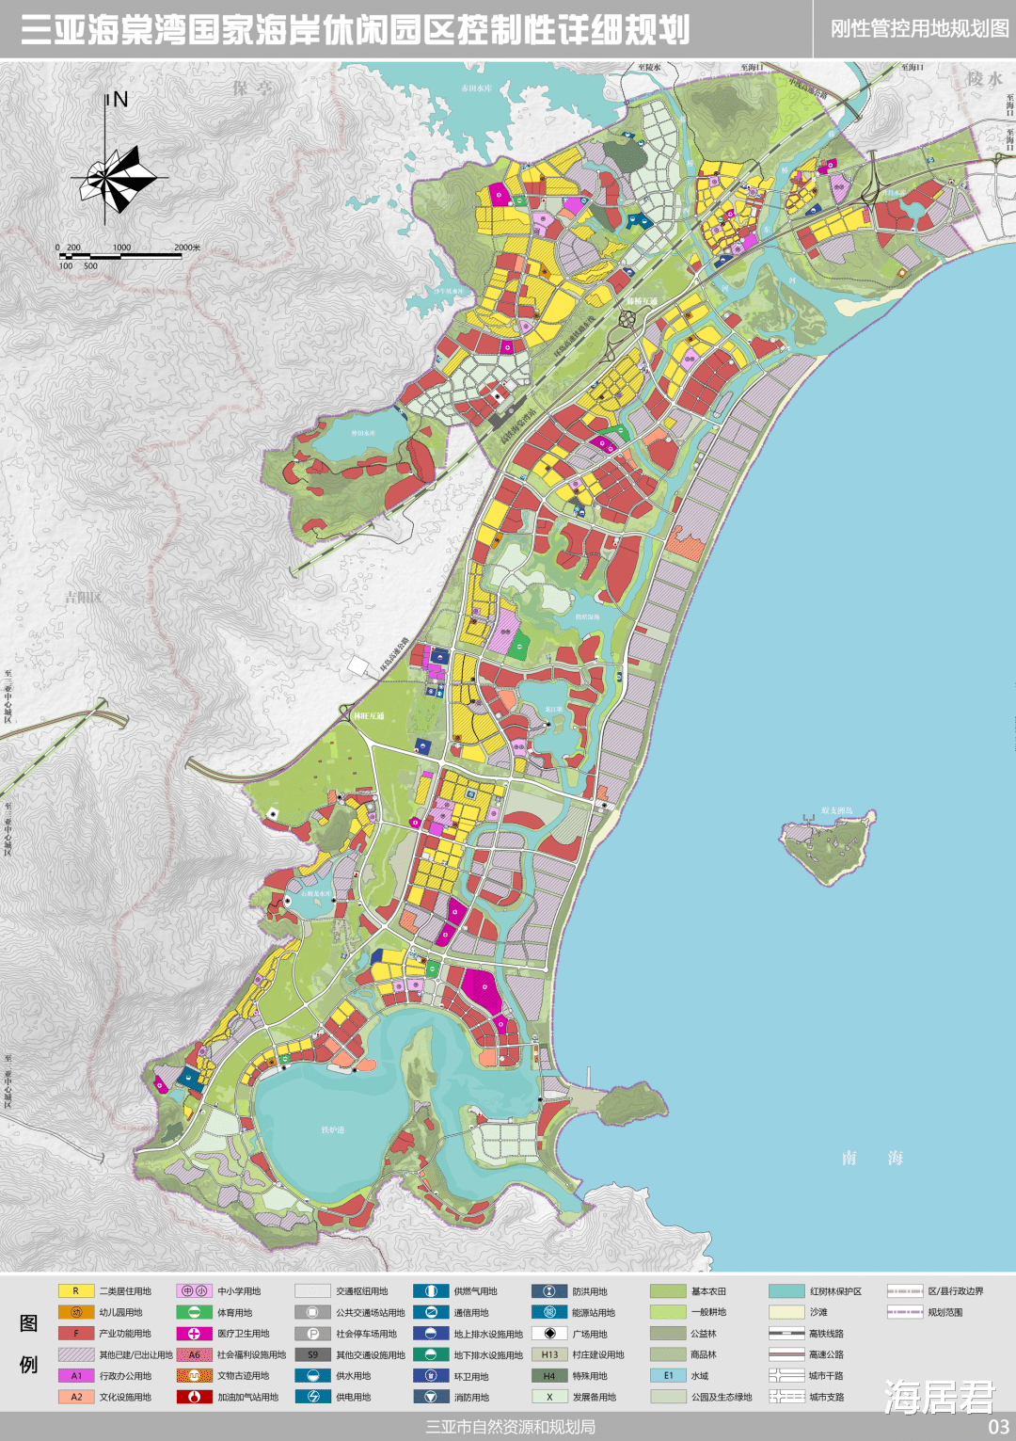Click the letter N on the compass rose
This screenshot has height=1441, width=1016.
120,100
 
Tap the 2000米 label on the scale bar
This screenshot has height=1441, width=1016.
187,248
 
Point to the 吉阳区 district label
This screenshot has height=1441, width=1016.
83,598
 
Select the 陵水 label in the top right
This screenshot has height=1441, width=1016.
985,79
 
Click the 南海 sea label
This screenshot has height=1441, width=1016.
872,1158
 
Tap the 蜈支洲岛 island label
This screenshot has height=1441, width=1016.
836,810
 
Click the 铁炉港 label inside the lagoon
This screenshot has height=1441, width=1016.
333,1129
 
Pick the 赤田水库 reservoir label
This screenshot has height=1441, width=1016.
476,88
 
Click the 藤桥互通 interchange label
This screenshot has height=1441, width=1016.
642,302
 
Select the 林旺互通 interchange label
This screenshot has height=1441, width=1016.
369,716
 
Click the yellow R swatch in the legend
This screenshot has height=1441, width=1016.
76,1291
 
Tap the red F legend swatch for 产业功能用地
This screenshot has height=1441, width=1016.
76,1334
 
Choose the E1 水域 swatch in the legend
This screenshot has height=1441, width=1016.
668,1375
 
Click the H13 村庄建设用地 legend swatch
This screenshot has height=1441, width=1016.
549,1354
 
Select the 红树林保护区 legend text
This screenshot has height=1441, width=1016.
835,1291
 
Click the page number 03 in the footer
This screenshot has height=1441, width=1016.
998,1427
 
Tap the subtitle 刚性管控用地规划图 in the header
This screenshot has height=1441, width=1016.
919,29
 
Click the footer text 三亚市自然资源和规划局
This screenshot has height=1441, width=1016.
510,1427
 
